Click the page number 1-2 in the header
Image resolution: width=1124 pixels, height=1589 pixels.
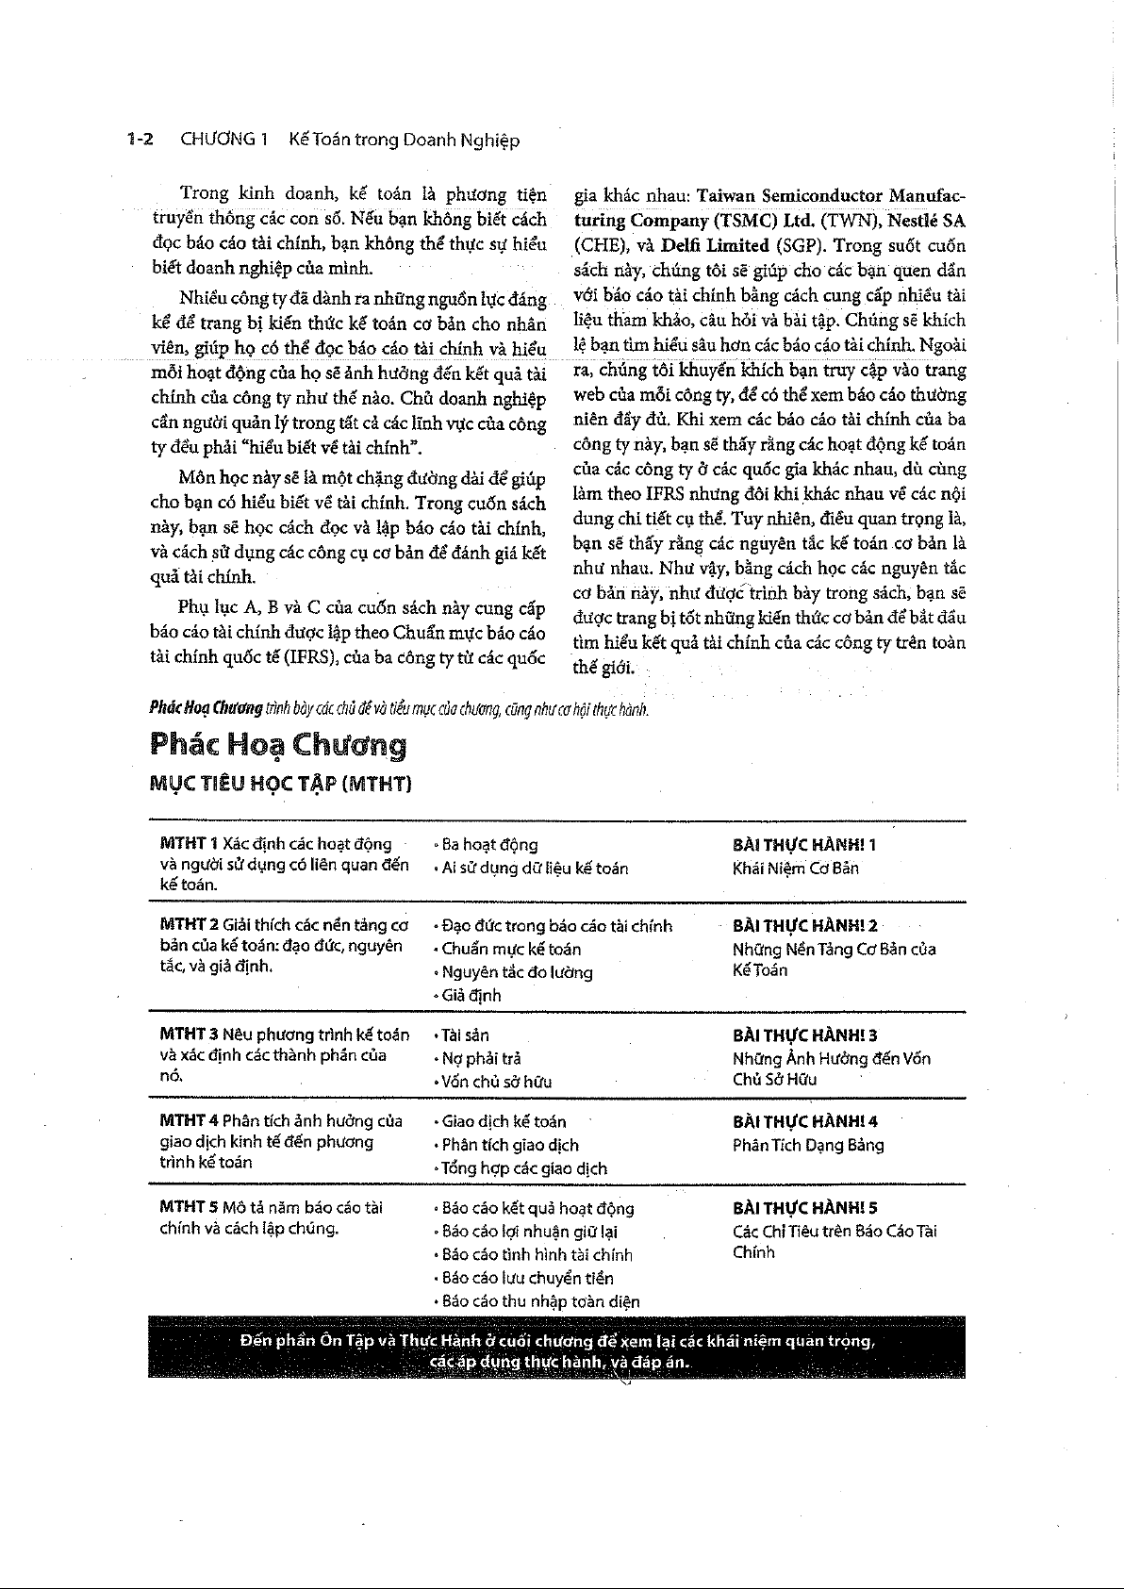pos(140,141)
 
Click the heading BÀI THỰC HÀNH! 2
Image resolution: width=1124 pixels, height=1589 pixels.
pos(805,926)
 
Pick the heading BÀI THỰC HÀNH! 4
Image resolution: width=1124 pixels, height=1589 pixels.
pos(805,1121)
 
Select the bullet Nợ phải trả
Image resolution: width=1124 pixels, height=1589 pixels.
pos(481,1058)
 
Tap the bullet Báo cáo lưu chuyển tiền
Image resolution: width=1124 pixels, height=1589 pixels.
pos(527,1278)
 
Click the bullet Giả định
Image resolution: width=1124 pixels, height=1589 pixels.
pos(471,995)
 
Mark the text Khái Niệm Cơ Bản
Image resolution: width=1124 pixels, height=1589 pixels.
pos(795,868)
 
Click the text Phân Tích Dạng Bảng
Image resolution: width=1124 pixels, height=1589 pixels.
pos(808,1145)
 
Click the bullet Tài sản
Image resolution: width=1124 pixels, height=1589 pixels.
pos(466,1035)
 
